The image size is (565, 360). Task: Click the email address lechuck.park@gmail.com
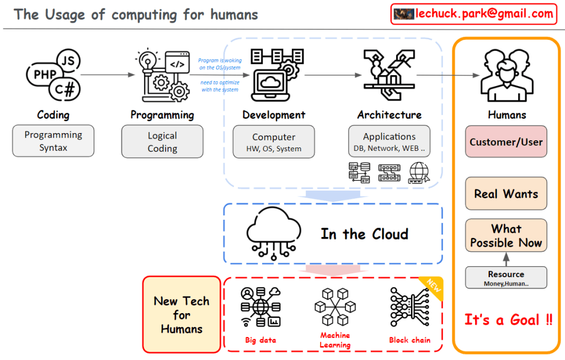[x=484, y=14]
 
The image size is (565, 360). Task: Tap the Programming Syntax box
[x=53, y=141]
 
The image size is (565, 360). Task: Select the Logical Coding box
[x=162, y=141]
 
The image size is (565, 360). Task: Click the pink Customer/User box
[x=506, y=142]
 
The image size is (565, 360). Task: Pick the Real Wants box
[x=506, y=194]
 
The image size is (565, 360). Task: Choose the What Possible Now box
[x=506, y=236]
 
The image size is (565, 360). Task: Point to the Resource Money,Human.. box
[x=506, y=278]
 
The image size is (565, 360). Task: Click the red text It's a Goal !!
[x=508, y=320]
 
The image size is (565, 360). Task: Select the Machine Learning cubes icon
[x=335, y=306]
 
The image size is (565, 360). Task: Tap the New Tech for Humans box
[x=182, y=315]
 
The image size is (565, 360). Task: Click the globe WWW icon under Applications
[x=419, y=173]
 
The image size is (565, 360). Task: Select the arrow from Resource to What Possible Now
[x=506, y=258]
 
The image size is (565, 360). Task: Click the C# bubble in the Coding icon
[x=65, y=89]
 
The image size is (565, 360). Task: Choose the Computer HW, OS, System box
[x=274, y=141]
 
